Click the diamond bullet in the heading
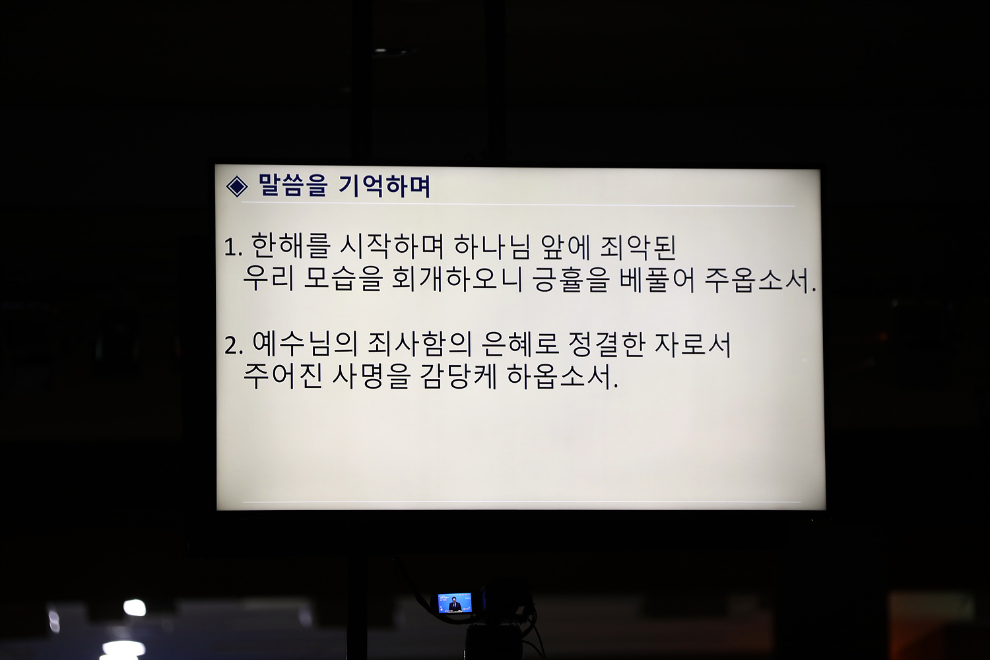pos(236,186)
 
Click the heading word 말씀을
pos(292,185)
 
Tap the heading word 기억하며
pos(384,185)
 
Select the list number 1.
pos(233,247)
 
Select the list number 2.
pos(234,346)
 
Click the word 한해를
pos(290,246)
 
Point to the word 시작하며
pos(391,246)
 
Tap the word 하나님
pos(492,246)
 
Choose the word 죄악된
pos(638,246)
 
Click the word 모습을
pos(343,279)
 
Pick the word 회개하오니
pos(457,279)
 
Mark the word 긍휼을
pos(571,279)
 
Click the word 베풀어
pos(657,280)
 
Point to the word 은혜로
pos(519,344)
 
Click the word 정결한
pos(606,345)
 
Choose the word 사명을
pos(370,376)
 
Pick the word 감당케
pos(458,376)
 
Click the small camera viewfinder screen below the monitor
pos(455,603)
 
